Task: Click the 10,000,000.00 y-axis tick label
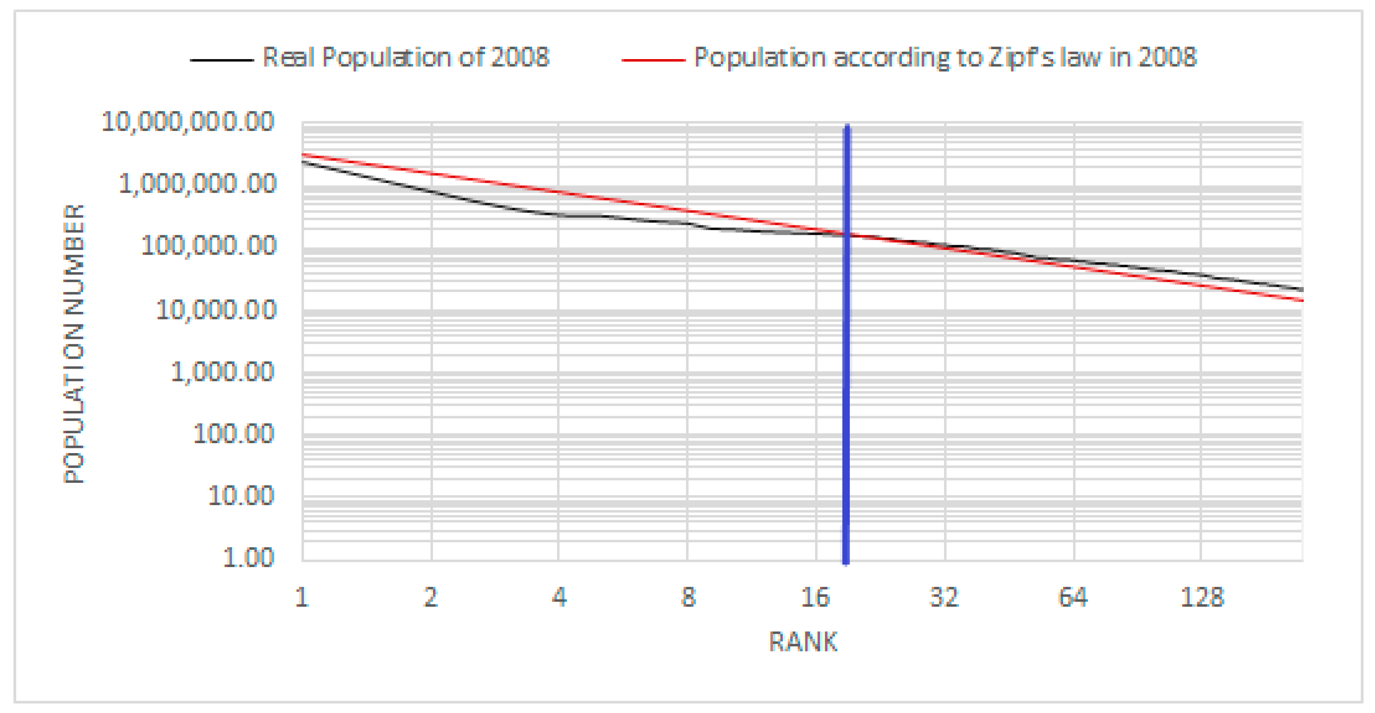(x=188, y=122)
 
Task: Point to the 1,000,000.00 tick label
(x=198, y=184)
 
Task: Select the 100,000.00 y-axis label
(x=209, y=246)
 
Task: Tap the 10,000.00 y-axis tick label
(x=216, y=309)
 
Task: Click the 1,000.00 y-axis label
(x=223, y=371)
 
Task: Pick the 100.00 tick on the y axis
(x=234, y=433)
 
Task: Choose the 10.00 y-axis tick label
(x=241, y=496)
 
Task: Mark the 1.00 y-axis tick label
(x=248, y=558)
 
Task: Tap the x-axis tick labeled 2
(x=431, y=597)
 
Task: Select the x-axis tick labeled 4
(x=559, y=597)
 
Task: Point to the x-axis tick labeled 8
(x=688, y=597)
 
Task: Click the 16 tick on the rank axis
(x=816, y=597)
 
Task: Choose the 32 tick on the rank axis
(x=944, y=597)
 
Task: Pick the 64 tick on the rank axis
(x=1073, y=597)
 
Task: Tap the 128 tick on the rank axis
(x=1202, y=597)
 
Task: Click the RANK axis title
(x=803, y=642)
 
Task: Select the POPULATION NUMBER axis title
(x=74, y=344)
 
